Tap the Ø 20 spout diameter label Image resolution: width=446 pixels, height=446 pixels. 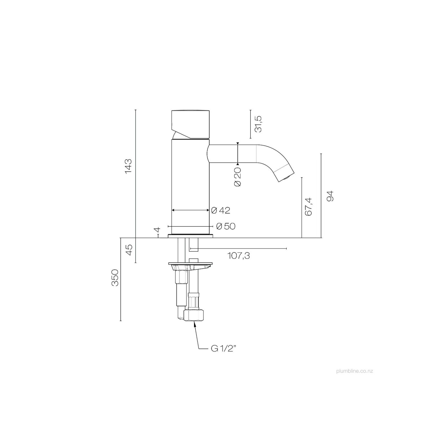coord(238,177)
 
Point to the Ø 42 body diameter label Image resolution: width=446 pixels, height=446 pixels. coord(221,210)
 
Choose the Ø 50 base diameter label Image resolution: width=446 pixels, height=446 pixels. coord(226,226)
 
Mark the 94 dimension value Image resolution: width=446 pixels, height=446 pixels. coord(330,196)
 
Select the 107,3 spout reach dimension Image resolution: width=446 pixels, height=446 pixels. coord(239,256)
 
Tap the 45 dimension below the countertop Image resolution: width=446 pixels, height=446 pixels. coord(129,250)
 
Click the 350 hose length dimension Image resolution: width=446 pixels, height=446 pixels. coord(115,278)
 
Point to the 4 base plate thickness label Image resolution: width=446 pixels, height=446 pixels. coord(158,230)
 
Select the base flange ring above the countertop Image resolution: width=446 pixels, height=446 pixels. coord(191,236)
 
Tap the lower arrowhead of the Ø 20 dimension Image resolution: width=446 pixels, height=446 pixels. coord(238,163)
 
